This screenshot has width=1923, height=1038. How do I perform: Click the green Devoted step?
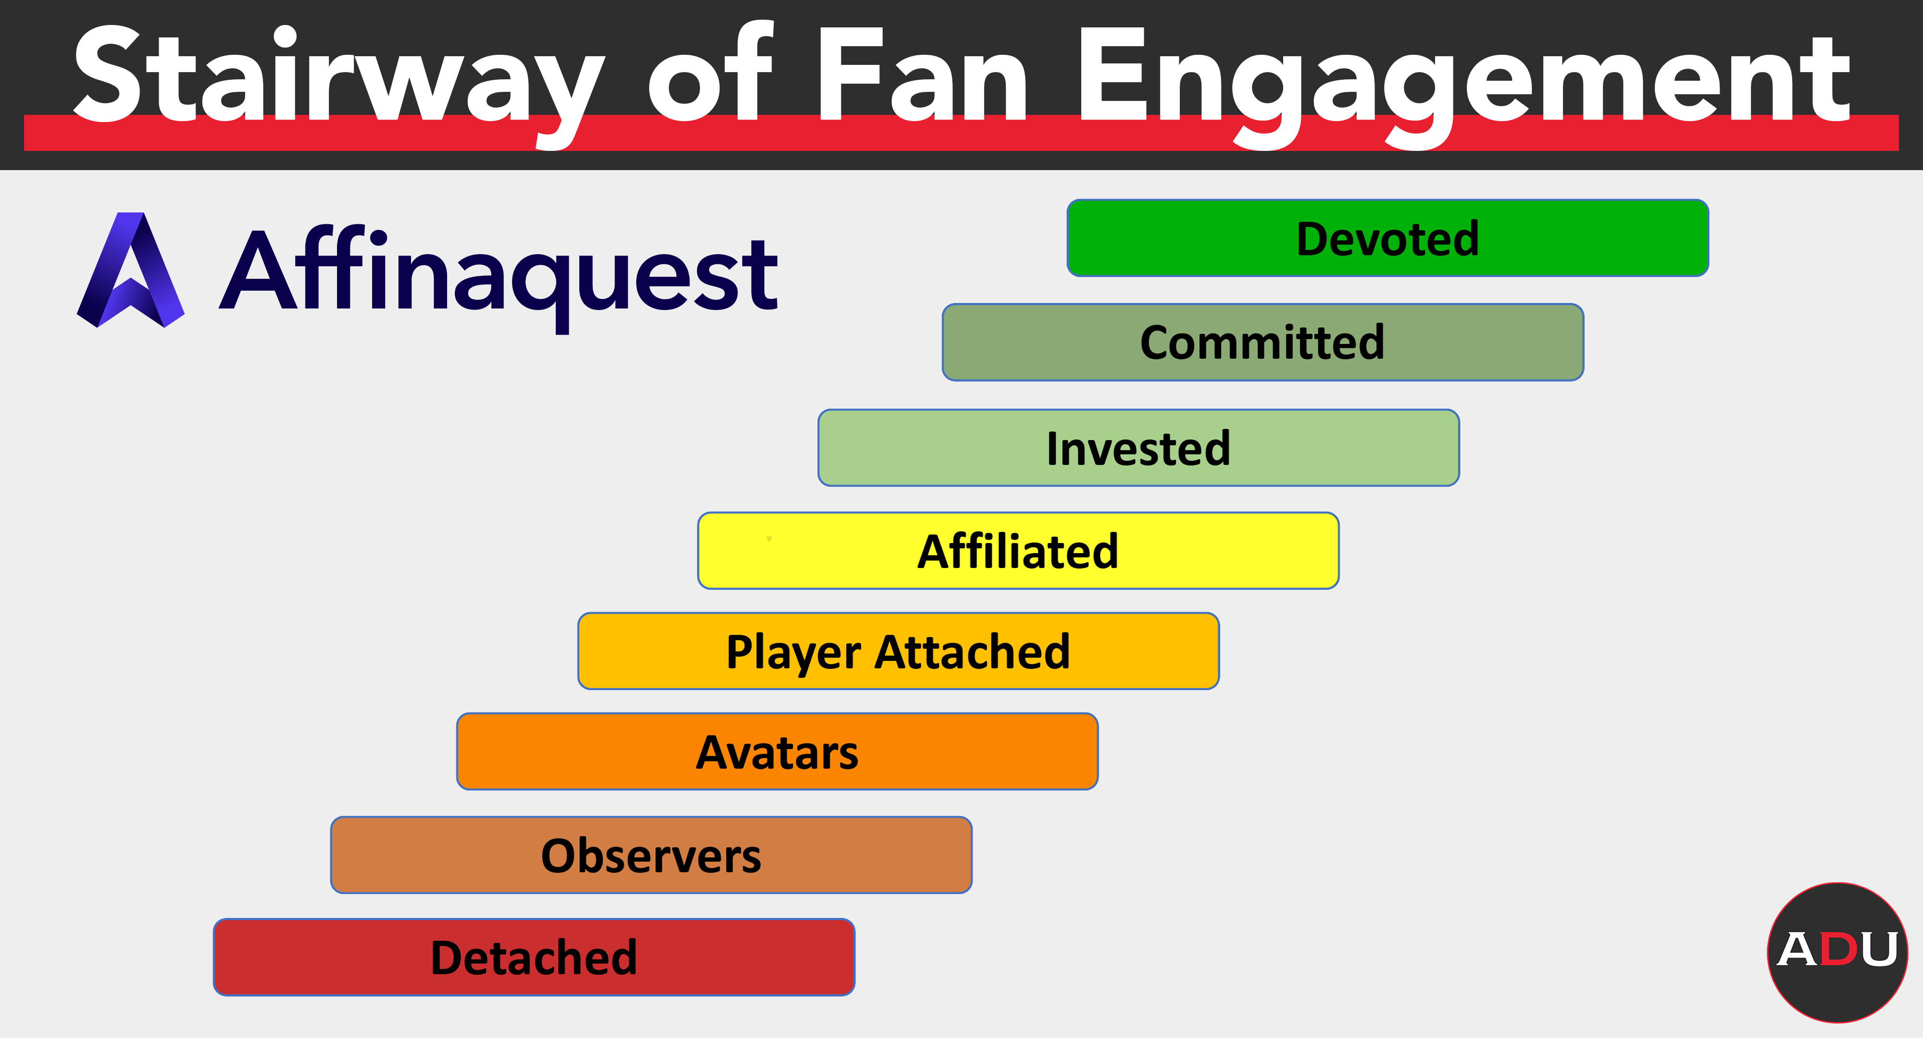[x=1388, y=238]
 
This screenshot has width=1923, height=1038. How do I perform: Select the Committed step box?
[x=1262, y=343]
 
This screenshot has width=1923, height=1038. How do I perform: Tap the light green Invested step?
[x=1138, y=448]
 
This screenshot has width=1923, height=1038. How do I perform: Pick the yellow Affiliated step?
[x=1018, y=551]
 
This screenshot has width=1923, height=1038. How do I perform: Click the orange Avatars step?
[x=777, y=752]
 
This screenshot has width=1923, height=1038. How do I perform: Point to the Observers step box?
[x=651, y=855]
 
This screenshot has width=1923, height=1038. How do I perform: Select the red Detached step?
[x=534, y=957]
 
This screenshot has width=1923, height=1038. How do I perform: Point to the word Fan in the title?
[x=923, y=74]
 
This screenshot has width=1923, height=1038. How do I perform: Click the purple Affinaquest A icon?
[x=131, y=270]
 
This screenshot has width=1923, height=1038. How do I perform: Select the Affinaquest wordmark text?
[x=499, y=276]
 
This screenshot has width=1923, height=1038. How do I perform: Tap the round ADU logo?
[x=1837, y=952]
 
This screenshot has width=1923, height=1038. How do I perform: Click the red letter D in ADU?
[x=1838, y=949]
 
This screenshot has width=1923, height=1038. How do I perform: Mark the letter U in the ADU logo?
[x=1878, y=949]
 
